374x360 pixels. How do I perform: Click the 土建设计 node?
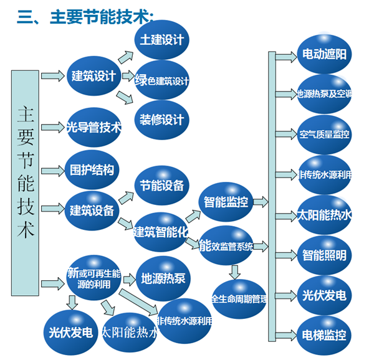(x=162, y=40)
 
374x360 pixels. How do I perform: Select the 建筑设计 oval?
(x=93, y=77)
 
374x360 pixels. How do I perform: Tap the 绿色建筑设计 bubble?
(x=162, y=80)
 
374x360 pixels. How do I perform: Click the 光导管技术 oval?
(x=93, y=128)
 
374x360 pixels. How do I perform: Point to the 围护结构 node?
(x=92, y=169)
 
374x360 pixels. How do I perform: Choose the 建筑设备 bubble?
(x=92, y=210)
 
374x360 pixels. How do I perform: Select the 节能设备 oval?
(x=162, y=186)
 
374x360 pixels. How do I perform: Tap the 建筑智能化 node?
(x=161, y=232)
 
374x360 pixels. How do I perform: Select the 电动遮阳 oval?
(x=324, y=54)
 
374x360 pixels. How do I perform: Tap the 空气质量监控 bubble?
(x=324, y=134)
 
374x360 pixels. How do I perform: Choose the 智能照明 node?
(x=324, y=255)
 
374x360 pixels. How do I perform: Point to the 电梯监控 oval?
(x=324, y=335)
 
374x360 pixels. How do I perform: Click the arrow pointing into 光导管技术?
(x=53, y=127)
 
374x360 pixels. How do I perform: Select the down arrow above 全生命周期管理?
(x=234, y=272)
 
